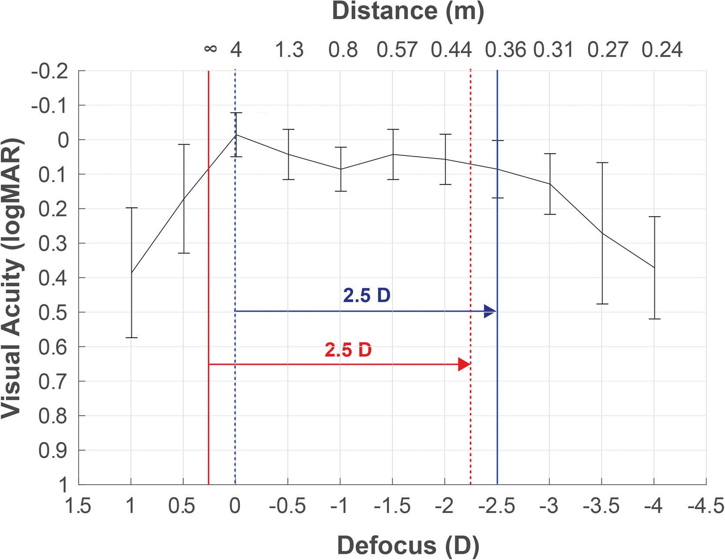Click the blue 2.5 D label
pos(367,296)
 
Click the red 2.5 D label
pos(348,350)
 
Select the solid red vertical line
pos(209,413)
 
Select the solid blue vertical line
pos(497,413)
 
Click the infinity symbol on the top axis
pos(210,49)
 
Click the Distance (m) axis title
pos(408,11)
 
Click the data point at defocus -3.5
pos(602,233)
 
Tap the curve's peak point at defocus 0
pos(235,134)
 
